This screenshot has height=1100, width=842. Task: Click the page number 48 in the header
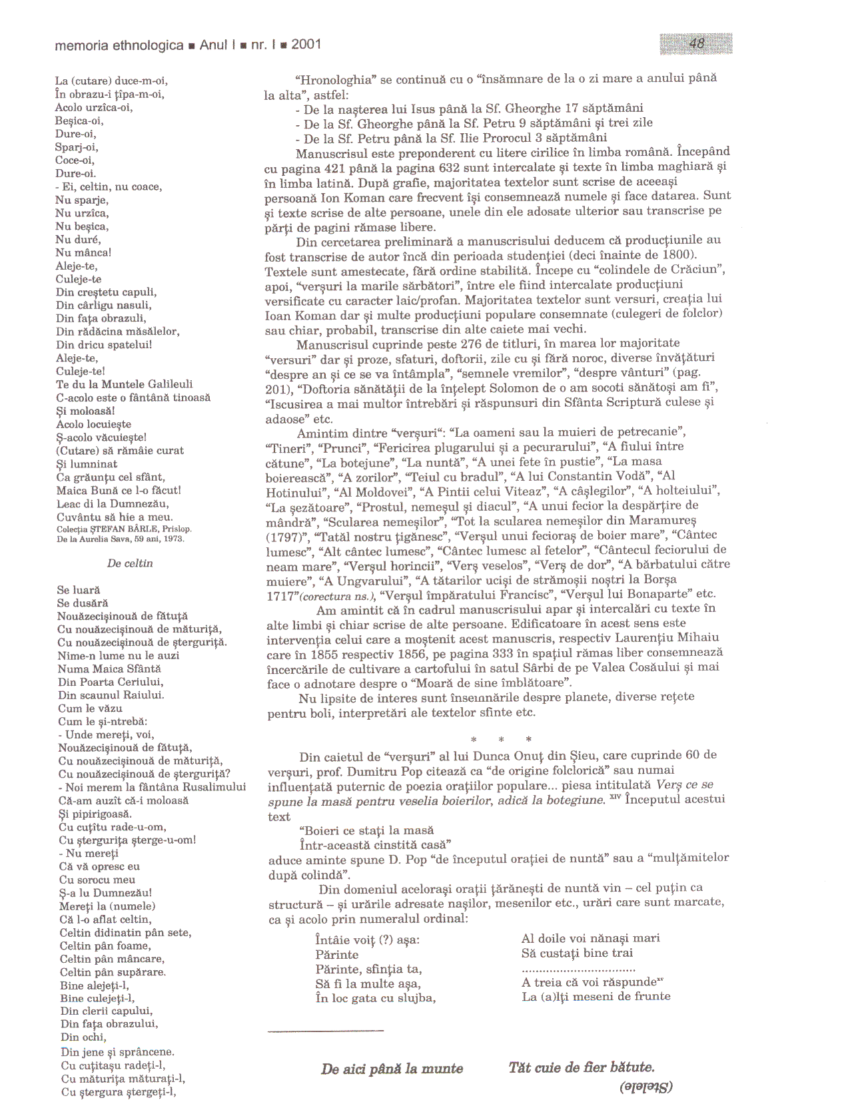click(697, 44)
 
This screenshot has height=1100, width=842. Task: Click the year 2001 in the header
click(306, 45)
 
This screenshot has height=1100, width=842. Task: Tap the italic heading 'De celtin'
click(130, 563)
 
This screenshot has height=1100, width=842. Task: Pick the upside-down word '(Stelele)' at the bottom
click(645, 1087)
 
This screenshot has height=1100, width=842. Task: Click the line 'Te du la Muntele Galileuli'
click(125, 384)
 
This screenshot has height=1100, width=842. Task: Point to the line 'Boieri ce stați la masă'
click(367, 830)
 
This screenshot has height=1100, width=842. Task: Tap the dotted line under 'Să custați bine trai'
click(578, 969)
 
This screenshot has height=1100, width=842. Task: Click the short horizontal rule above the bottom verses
click(326, 1031)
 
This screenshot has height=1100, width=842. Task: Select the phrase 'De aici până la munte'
click(392, 1069)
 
